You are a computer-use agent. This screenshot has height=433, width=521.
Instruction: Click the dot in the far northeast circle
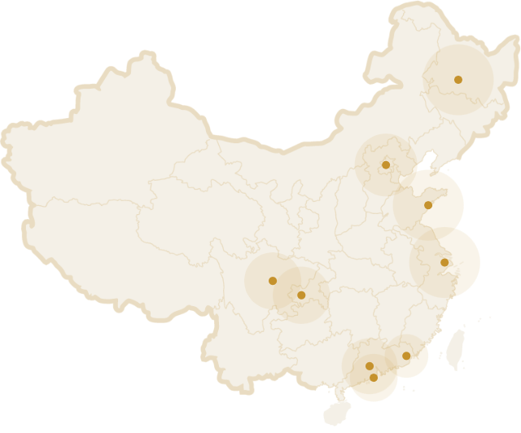tap(458, 80)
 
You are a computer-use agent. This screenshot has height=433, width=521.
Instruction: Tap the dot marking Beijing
tap(386, 165)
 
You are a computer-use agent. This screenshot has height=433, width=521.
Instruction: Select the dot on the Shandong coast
tap(428, 206)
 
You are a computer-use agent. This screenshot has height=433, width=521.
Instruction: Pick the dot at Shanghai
tap(444, 262)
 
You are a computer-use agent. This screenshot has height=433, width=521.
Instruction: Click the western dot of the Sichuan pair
tap(273, 281)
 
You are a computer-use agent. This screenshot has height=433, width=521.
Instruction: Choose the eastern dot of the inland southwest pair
tap(301, 295)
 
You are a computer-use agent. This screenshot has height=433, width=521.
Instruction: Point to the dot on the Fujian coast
tap(406, 356)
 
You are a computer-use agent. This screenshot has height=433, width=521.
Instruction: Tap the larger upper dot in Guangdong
tap(370, 365)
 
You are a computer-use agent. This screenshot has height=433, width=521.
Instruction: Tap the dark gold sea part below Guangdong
tap(370, 392)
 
